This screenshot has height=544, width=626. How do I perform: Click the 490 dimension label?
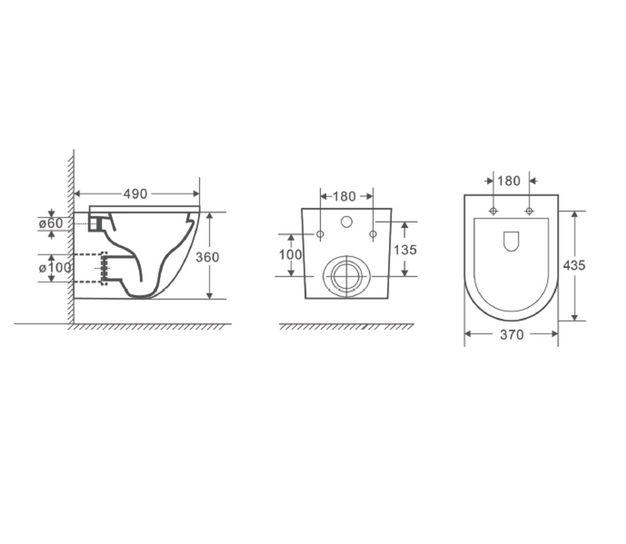[135, 194]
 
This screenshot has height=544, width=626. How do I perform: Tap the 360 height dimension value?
[208, 256]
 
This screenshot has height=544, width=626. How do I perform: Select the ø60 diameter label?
[51, 223]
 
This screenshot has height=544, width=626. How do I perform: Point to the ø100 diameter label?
[55, 268]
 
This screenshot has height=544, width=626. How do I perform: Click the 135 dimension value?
[406, 249]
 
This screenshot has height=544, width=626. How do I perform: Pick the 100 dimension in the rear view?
[291, 254]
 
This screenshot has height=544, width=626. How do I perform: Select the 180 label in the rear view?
[344, 196]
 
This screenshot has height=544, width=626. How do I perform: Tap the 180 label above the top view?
[509, 181]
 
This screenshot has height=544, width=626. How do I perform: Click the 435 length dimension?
[574, 264]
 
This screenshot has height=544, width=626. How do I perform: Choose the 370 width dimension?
[511, 335]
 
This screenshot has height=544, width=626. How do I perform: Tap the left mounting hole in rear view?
[321, 234]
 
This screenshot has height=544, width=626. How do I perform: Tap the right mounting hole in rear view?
[373, 234]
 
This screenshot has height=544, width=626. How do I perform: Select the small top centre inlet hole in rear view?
[346, 221]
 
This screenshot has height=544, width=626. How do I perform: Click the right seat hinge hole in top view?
[529, 210]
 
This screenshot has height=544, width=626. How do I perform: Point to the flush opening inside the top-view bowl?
[511, 241]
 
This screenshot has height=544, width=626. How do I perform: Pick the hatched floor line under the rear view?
[346, 327]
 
